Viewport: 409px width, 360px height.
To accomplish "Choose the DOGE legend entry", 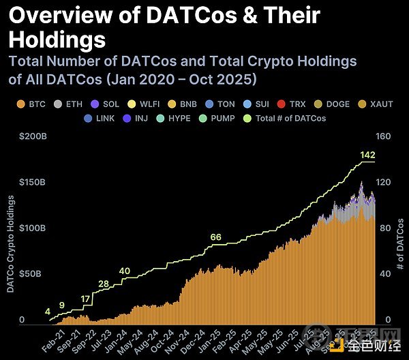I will point(333,104).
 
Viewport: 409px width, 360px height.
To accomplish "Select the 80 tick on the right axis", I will point(384,228).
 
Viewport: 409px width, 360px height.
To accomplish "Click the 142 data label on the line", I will point(367,156).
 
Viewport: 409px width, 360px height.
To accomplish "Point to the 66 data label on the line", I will point(215,237).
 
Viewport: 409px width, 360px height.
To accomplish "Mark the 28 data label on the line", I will point(104,284).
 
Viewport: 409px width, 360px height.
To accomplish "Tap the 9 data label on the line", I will point(62,305).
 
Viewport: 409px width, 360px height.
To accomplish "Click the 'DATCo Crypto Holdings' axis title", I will point(11,243).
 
